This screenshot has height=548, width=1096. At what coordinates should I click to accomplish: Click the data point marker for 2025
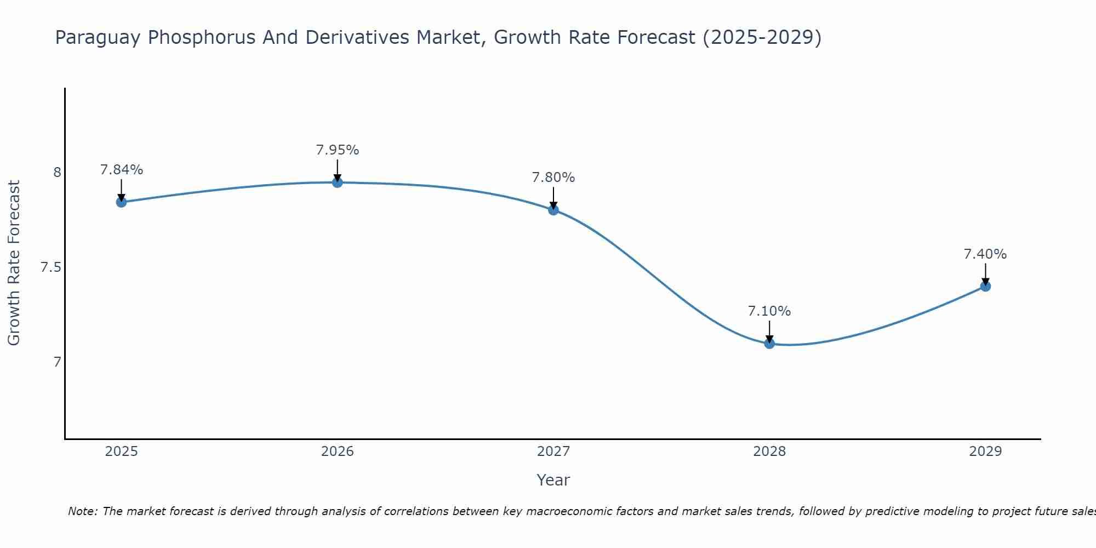(121, 202)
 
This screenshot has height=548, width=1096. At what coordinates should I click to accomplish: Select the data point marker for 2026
(338, 182)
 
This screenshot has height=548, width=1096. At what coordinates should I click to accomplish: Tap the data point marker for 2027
(553, 209)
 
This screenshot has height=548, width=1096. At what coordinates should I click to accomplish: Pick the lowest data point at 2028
(769, 344)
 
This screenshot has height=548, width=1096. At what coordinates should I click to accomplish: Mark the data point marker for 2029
(985, 286)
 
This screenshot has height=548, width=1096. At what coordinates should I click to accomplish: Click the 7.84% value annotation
(121, 170)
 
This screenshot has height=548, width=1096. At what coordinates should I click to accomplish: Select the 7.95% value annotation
(338, 150)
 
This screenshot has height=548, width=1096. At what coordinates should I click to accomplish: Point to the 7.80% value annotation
(553, 178)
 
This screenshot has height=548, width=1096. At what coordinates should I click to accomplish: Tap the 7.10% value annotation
(769, 311)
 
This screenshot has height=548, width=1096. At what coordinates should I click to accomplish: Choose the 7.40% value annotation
(985, 254)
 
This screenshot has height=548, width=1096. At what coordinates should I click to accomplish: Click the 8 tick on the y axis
(57, 173)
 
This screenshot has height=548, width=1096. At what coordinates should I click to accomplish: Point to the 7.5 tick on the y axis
(50, 267)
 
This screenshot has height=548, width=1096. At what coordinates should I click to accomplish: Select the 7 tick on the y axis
(57, 362)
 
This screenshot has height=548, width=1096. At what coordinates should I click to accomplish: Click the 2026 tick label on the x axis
(338, 452)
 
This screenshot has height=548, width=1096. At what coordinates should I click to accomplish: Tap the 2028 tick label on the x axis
(769, 452)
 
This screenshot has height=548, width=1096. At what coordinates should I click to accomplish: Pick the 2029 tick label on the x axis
(985, 452)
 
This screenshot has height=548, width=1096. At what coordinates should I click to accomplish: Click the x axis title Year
(553, 480)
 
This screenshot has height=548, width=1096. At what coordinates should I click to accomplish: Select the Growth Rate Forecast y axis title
(14, 263)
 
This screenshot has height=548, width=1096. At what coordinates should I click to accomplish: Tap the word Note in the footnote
(82, 511)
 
